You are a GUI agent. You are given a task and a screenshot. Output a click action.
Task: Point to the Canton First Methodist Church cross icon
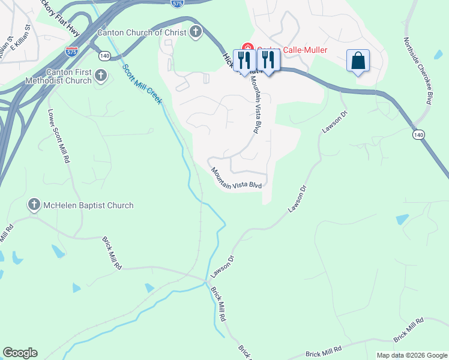pos(101,76)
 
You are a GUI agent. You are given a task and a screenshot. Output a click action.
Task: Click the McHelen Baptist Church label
pos(88,205)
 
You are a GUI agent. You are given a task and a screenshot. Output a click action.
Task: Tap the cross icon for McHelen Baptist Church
pos(34,205)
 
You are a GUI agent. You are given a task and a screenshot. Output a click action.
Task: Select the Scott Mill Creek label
pos(142,83)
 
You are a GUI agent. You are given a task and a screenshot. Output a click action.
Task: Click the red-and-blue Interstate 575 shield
pos(72,50)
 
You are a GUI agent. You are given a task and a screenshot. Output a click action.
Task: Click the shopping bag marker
pos(358,61)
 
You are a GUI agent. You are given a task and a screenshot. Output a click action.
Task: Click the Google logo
pos(20,353)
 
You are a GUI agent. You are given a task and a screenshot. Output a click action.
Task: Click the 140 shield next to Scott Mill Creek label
pos(105,56)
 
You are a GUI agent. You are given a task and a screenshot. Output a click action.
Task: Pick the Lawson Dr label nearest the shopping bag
pos(334,121)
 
